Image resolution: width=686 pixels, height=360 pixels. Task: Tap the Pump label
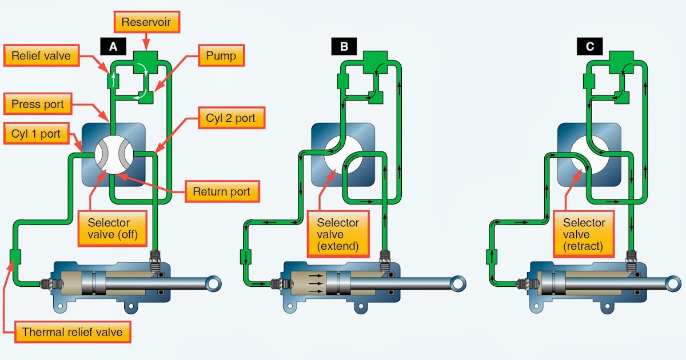(221, 56)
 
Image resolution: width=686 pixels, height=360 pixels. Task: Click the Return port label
(223, 191)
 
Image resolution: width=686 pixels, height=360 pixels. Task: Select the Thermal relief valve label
(71, 332)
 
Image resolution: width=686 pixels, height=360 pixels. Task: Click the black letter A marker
(113, 47)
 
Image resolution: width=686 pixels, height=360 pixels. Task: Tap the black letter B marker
(345, 47)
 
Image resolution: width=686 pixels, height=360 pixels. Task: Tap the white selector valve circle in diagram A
(114, 154)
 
